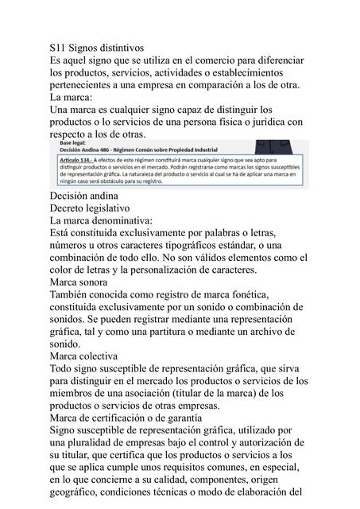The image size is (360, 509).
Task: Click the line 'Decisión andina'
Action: click(x=84, y=195)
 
